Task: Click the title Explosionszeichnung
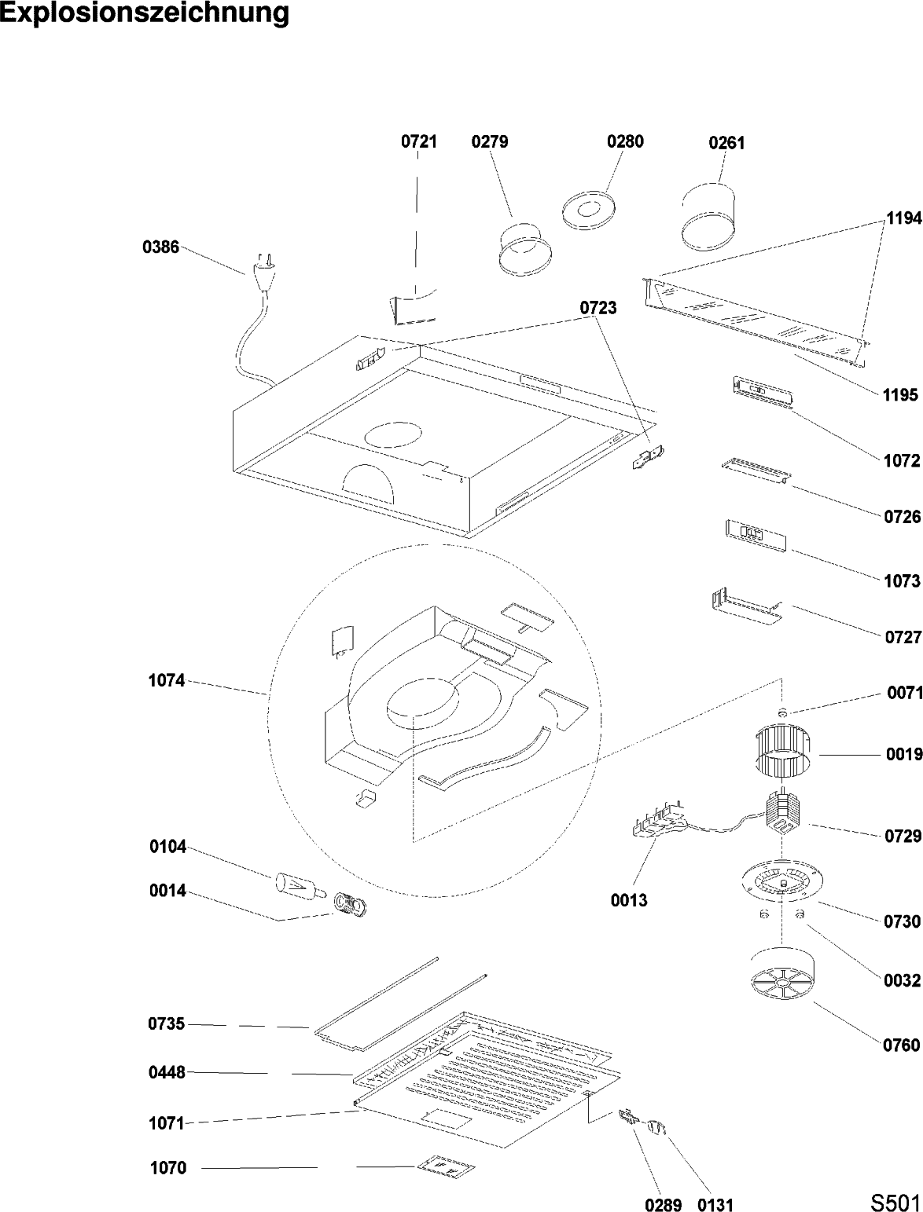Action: (x=145, y=13)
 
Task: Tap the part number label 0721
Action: (x=418, y=142)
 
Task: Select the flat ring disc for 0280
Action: (x=589, y=210)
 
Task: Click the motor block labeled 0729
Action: (x=783, y=810)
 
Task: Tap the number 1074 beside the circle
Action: (x=167, y=681)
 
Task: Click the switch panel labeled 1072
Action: (x=760, y=392)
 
